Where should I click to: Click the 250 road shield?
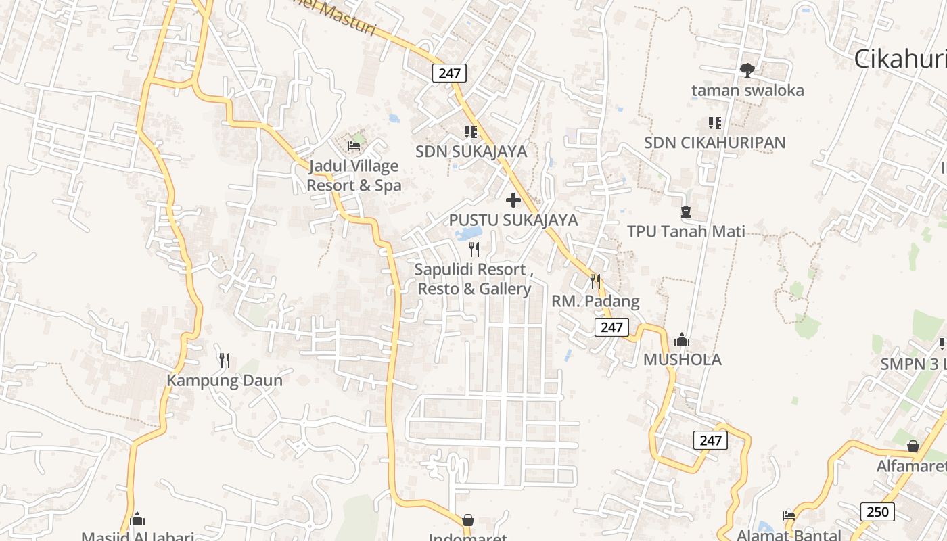click(877, 512)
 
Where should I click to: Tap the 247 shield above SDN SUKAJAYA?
click(449, 73)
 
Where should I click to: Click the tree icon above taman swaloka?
click(747, 70)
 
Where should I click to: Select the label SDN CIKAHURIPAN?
click(714, 143)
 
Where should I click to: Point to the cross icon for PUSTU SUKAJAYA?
click(513, 200)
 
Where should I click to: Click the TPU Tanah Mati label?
click(686, 231)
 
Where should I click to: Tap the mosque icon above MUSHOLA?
click(682, 339)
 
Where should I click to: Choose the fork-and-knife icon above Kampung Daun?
click(225, 360)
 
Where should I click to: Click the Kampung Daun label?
click(225, 380)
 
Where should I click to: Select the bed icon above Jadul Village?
click(353, 145)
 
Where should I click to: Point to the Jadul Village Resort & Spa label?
click(354, 176)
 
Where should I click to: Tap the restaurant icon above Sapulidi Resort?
click(474, 250)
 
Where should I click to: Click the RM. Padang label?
click(595, 301)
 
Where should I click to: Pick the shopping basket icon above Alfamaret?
click(913, 446)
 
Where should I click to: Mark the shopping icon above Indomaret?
click(467, 520)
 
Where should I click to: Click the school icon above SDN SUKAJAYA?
click(471, 131)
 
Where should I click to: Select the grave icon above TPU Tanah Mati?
click(686, 212)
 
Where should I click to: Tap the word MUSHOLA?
click(682, 360)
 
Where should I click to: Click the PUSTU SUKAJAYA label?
click(513, 220)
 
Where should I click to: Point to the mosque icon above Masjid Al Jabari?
click(137, 519)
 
